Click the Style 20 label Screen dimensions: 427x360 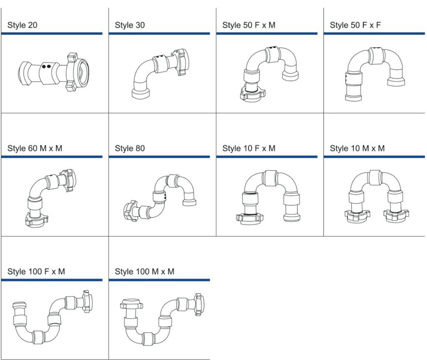[22, 25]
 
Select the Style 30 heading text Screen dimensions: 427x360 [130, 25]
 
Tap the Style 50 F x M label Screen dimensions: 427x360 [249, 25]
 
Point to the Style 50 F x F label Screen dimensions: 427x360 [355, 25]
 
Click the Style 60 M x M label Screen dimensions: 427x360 [35, 148]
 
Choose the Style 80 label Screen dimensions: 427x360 [130, 148]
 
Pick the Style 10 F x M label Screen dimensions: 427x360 [249, 148]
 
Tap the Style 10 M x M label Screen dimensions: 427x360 [357, 148]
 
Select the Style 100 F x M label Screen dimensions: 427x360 [36, 272]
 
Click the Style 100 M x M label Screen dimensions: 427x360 [145, 272]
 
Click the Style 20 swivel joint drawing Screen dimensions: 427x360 [53, 72]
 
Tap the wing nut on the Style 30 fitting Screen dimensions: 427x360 [180, 62]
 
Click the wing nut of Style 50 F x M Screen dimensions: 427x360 [252, 94]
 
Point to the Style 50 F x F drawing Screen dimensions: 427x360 [375, 74]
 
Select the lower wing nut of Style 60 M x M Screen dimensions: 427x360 [36, 220]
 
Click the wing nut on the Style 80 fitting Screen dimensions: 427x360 [131, 211]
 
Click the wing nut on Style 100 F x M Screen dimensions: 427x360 [87, 301]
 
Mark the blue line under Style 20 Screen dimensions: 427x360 [52, 33]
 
